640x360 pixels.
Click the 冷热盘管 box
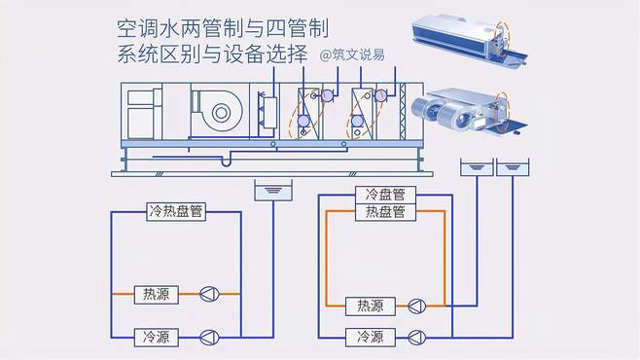176,211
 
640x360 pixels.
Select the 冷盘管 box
385,195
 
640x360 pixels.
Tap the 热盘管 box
385,212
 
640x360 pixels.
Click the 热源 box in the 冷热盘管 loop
157,294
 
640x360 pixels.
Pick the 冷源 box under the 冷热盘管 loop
157,338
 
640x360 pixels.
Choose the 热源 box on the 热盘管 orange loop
371,306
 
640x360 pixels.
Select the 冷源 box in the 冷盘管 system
371,338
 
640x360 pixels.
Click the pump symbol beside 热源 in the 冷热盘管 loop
209,294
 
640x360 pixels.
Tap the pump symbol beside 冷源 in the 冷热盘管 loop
209,338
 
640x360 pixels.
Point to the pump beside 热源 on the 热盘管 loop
416,306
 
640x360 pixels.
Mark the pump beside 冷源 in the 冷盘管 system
416,338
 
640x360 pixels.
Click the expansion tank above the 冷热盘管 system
273,191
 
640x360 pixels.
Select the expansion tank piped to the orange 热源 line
477,167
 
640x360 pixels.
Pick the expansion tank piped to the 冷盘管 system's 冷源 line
513,167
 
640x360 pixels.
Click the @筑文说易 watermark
352,54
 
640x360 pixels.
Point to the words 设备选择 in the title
266,54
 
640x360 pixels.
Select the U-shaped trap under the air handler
226,160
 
